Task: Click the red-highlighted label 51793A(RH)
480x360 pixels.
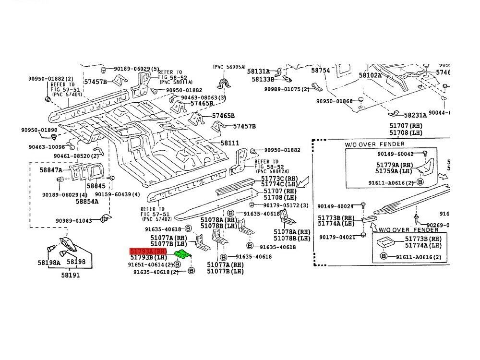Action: (x=148, y=251)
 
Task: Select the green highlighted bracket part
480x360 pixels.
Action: (x=182, y=254)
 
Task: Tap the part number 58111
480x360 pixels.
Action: (x=230, y=143)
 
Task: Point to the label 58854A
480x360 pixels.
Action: (x=87, y=201)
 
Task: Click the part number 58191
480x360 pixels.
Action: (x=70, y=275)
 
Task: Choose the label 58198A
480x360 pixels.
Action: (x=49, y=263)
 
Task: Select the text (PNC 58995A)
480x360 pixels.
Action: (x=229, y=67)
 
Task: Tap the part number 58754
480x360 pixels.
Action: (x=320, y=70)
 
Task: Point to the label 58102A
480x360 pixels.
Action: (x=371, y=75)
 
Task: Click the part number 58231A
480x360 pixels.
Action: (x=415, y=115)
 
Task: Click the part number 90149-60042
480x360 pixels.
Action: (x=395, y=154)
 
